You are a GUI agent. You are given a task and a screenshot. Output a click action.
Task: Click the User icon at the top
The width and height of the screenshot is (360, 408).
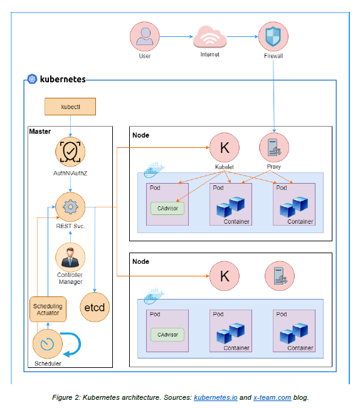tap(145, 36)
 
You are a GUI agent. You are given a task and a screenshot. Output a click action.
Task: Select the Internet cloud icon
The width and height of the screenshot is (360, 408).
tap(209, 37)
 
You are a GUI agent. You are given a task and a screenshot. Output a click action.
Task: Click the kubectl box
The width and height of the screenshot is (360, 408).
tap(70, 107)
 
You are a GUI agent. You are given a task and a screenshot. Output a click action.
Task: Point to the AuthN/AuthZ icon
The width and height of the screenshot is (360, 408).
tap(70, 151)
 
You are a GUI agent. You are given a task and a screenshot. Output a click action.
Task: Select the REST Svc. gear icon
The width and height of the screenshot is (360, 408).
tap(70, 207)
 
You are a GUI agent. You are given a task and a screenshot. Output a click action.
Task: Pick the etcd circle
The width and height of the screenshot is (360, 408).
tap(94, 308)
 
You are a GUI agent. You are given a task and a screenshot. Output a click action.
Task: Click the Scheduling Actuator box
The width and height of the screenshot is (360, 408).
tap(48, 308)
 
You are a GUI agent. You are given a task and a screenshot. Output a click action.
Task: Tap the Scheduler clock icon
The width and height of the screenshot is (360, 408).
tap(48, 344)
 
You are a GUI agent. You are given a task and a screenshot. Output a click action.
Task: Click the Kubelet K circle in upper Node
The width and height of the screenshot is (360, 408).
tap(225, 148)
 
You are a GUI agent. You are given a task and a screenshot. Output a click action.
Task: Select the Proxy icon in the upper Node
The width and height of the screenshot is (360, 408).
tap(274, 148)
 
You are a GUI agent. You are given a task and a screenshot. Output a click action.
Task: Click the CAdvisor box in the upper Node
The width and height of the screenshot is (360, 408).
tap(167, 208)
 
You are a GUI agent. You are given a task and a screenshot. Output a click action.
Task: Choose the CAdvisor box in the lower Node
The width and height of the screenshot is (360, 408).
tap(167, 335)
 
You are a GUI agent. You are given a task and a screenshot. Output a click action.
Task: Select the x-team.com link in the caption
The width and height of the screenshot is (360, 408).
tap(272, 397)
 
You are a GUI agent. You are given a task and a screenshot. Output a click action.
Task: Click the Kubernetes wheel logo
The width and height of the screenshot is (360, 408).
tap(32, 80)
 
